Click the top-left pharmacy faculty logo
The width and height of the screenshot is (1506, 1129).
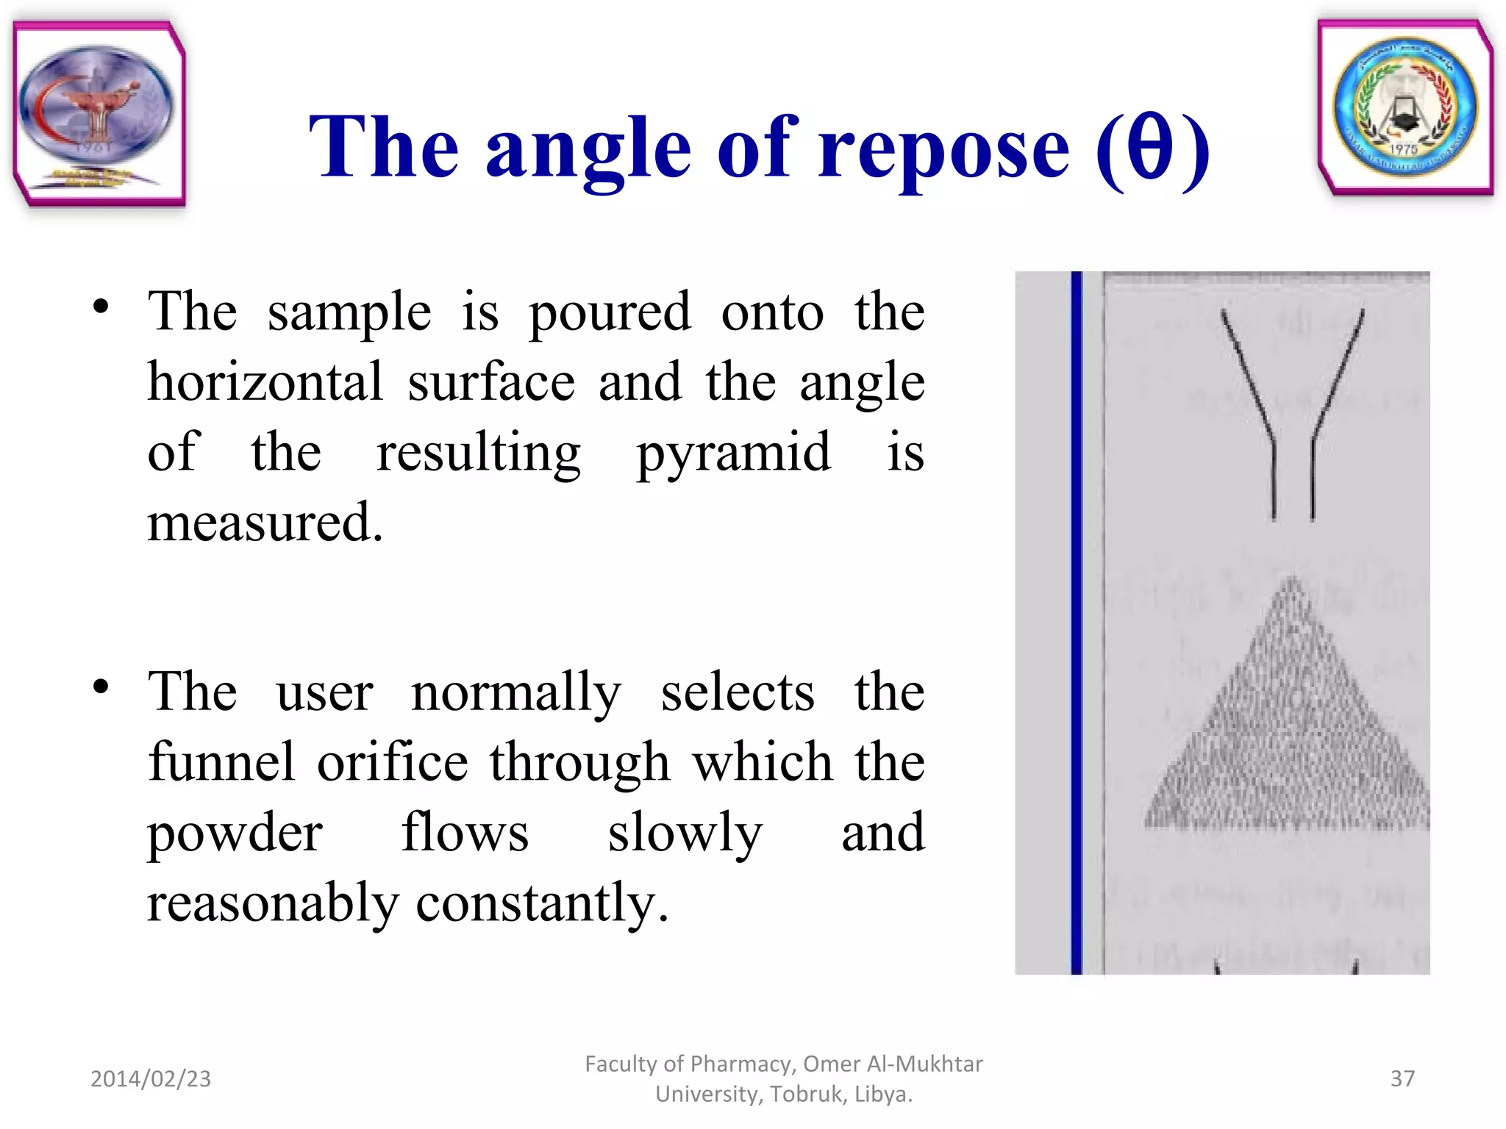pos(99,114)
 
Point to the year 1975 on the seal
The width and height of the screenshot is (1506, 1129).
pos(1403,149)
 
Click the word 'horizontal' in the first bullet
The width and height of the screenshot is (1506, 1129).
pos(265,382)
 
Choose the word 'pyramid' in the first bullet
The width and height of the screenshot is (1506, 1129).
pos(733,454)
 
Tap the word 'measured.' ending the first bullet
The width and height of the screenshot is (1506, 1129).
pos(265,523)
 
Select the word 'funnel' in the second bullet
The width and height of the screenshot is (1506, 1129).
pos(221,761)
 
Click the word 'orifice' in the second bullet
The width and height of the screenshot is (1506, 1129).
pos(393,761)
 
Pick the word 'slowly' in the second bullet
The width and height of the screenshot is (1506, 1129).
pos(685,833)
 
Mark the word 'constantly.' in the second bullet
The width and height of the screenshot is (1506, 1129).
pos(543,903)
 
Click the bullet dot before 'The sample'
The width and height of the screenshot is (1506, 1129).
pos(101,307)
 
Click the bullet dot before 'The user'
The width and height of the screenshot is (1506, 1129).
pos(101,687)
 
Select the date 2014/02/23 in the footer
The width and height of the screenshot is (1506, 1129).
pos(151,1079)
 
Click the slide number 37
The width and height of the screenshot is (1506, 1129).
pos(1402,1079)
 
